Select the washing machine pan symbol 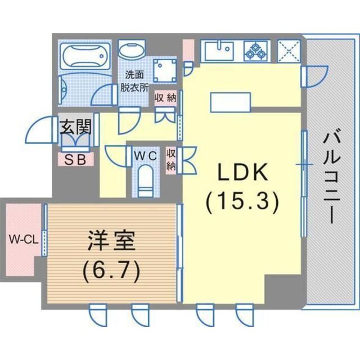[x=166, y=70]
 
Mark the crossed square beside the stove [x=289, y=51]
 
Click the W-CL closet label [x=23, y=239]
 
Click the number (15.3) [x=242, y=201]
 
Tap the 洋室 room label [x=111, y=243]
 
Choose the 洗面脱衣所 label [x=134, y=81]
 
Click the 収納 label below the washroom [x=165, y=97]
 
